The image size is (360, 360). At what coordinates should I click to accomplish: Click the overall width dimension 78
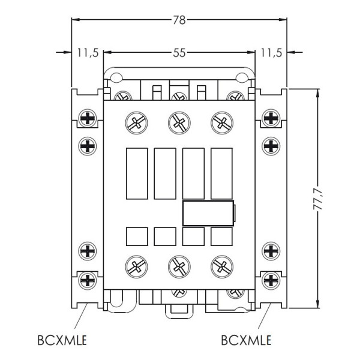point(179,20)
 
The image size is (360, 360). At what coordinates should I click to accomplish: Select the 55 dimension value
point(179,53)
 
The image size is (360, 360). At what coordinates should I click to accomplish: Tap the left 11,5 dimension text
point(88,53)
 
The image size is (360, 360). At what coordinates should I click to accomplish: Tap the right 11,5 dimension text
point(271,53)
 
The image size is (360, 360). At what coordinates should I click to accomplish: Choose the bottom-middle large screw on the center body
point(178,264)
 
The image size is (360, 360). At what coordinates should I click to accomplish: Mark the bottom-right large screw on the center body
point(221,264)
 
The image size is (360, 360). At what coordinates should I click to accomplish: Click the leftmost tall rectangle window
point(136,173)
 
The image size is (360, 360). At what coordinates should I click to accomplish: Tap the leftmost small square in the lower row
point(136,236)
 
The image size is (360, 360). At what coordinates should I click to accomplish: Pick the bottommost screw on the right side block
point(271,278)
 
